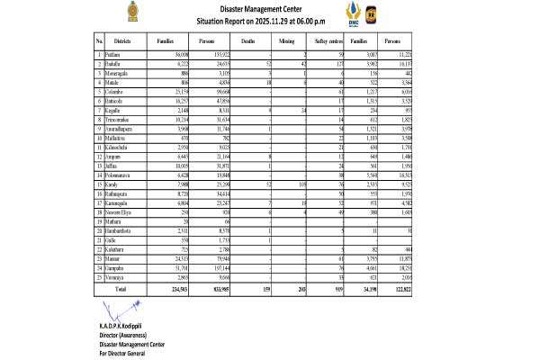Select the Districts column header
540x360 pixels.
[x=124, y=41]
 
